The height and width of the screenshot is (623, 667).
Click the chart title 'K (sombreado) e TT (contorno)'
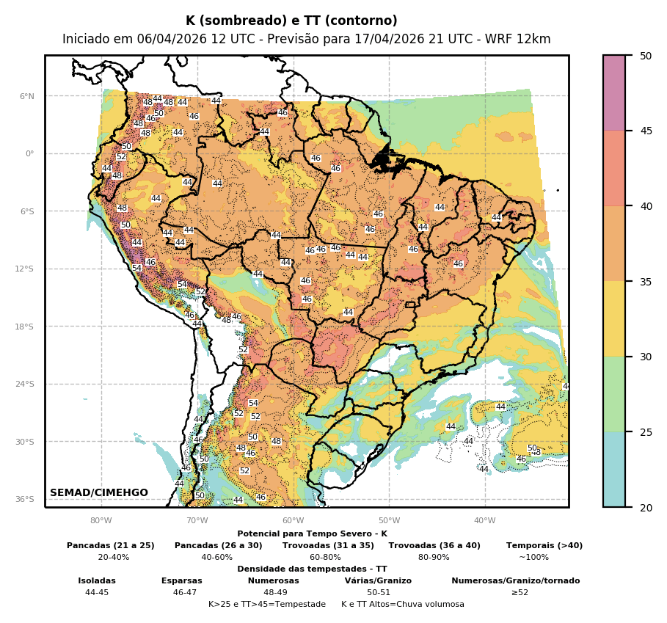pos(291,21)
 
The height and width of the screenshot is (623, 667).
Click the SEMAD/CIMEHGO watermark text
pos(99,493)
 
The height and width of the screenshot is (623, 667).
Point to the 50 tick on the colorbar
pos(646,56)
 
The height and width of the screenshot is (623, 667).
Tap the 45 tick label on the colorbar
pos(646,131)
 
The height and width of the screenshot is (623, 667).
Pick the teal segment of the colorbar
pos(614,470)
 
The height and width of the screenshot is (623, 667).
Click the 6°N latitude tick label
pos(26,96)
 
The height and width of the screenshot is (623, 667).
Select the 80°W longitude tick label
pos(101,521)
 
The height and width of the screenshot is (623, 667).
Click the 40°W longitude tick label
pos(484,521)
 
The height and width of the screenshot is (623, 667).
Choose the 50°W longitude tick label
pos(389,521)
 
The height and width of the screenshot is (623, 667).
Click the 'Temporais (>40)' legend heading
pos(544,546)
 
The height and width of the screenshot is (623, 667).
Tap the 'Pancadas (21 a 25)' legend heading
pos(111,546)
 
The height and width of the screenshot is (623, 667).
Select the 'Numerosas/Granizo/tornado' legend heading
pos(515,581)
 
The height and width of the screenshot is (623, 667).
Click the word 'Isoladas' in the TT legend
pos(97,581)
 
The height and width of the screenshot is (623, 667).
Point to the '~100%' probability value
pos(533,558)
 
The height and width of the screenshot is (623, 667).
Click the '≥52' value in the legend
pos(520,593)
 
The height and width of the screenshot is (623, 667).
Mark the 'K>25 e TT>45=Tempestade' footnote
pos(267,605)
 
